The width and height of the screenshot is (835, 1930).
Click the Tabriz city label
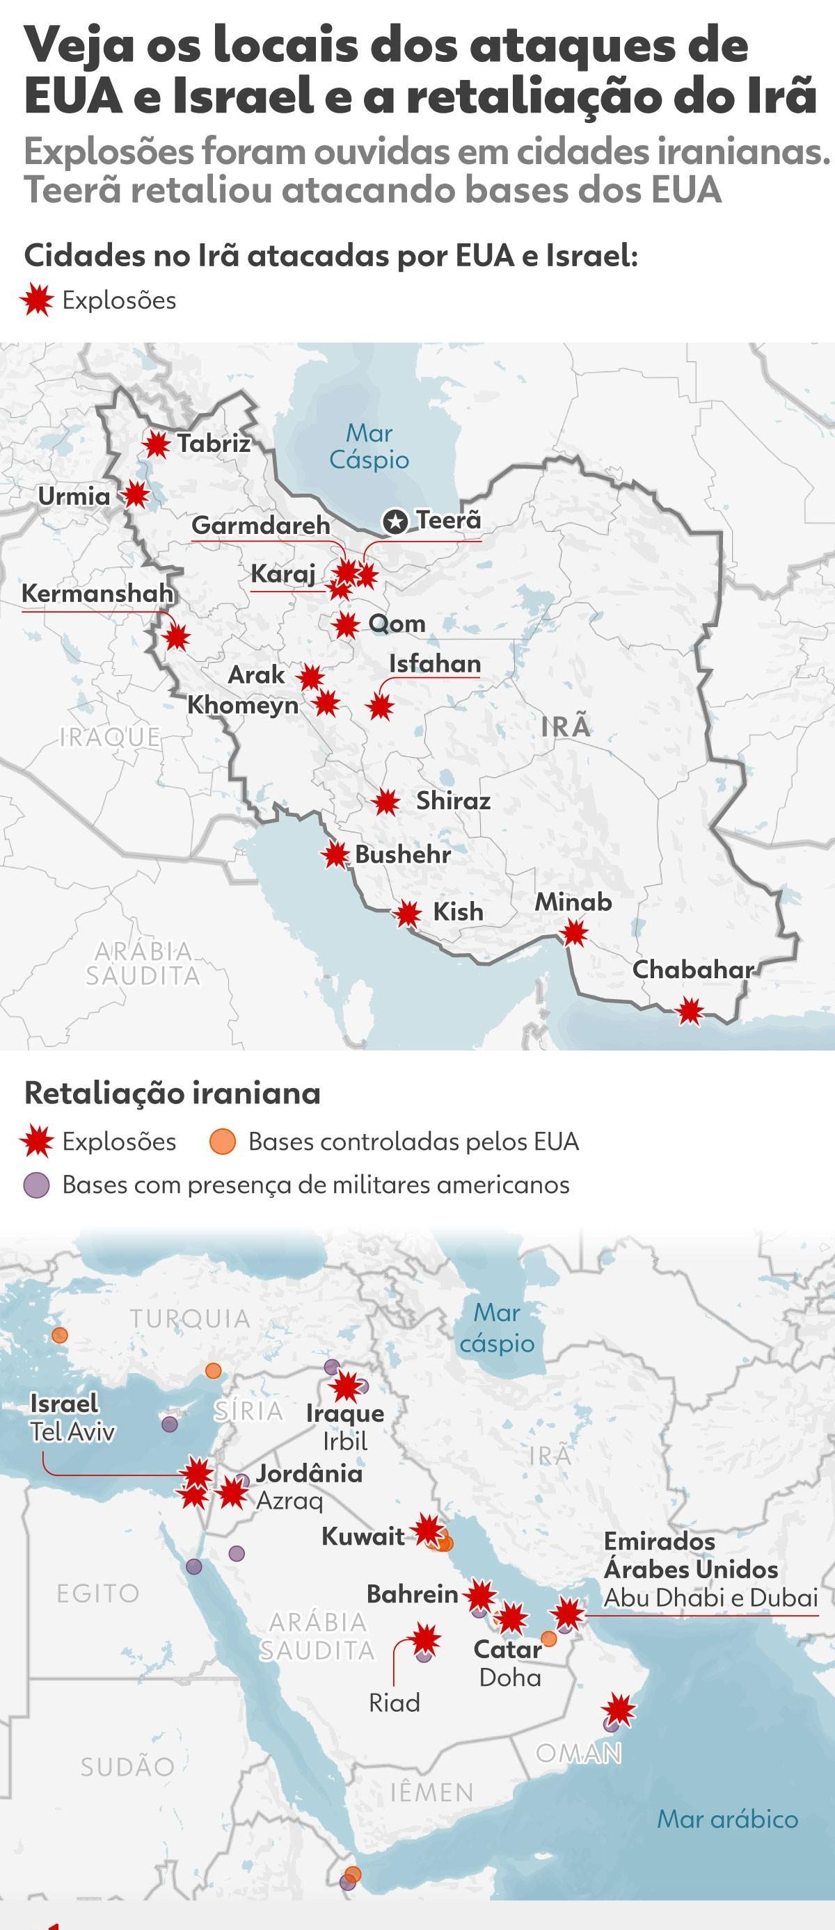coord(214,443)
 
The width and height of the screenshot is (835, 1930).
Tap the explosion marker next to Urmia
coord(136,494)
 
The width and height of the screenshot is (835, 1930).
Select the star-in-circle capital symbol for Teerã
coord(395,521)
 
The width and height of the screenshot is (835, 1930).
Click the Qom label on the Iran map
coord(397,624)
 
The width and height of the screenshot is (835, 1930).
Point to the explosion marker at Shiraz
coord(386,802)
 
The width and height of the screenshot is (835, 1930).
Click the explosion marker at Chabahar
coord(690,1011)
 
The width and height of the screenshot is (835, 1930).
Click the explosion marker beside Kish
coord(408,914)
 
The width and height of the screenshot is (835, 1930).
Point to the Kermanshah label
coord(97,593)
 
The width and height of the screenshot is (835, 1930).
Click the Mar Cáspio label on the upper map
coord(369,446)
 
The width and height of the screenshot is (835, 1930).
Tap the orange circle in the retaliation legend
coord(223,1142)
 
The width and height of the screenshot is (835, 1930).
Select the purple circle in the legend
coord(37,1185)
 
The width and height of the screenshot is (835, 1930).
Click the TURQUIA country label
coord(190,1319)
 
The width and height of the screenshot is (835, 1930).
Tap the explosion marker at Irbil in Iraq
coord(347,1386)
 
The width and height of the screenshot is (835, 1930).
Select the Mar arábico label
coord(727,1819)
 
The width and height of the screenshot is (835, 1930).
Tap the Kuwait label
coord(363,1536)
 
